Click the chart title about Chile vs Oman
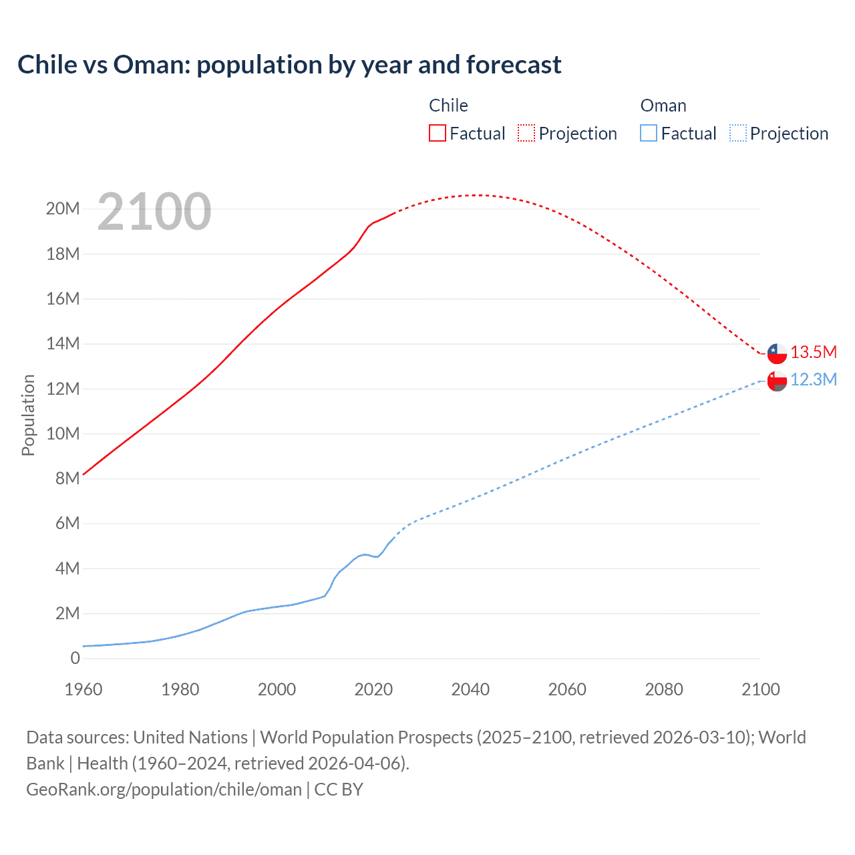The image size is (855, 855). pyautogui.click(x=289, y=65)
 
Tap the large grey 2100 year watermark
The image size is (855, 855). pyautogui.click(x=154, y=212)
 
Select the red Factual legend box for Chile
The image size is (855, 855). pyautogui.click(x=437, y=133)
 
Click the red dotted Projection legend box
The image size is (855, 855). pyautogui.click(x=526, y=133)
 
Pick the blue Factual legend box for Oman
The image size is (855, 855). pyautogui.click(x=648, y=133)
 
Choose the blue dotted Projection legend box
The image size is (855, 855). pyautogui.click(x=737, y=133)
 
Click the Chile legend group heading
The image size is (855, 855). pyautogui.click(x=448, y=106)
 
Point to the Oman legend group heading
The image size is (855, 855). pyautogui.click(x=663, y=106)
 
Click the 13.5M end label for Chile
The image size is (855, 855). pyautogui.click(x=813, y=352)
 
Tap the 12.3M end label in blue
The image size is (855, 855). pyautogui.click(x=813, y=379)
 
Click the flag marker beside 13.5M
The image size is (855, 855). pyautogui.click(x=777, y=353)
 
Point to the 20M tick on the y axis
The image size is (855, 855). pyautogui.click(x=63, y=209)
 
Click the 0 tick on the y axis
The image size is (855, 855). pyautogui.click(x=75, y=658)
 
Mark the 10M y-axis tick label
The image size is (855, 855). pyautogui.click(x=63, y=434)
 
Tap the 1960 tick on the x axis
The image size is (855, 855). pyautogui.click(x=83, y=689)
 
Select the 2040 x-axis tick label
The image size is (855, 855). pyautogui.click(x=470, y=689)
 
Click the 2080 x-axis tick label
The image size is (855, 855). pyautogui.click(x=664, y=689)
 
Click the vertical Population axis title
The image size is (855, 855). pyautogui.click(x=28, y=415)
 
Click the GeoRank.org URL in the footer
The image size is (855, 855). pyautogui.click(x=164, y=790)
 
